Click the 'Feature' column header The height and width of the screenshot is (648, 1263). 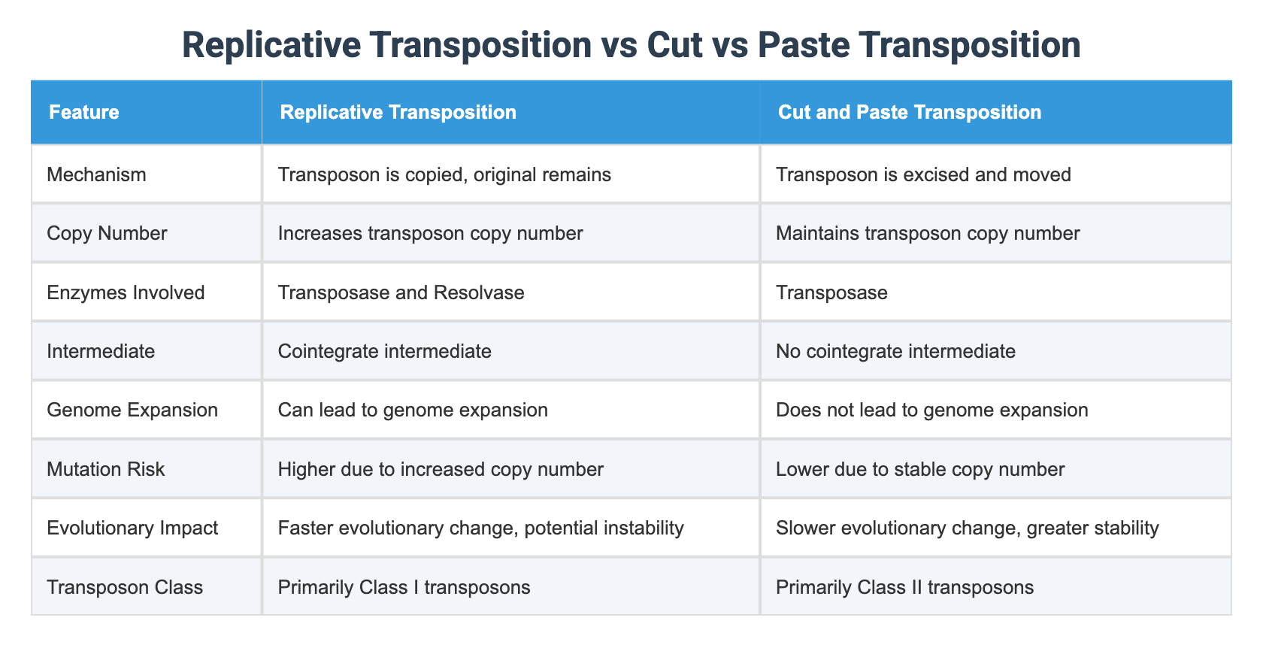84,113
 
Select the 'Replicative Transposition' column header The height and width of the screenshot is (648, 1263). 398,113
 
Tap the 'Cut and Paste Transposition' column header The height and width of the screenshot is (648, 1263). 910,113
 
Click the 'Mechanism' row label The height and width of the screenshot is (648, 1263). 96,174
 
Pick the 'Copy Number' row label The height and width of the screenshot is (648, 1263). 107,233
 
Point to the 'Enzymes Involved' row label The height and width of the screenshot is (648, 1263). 126,292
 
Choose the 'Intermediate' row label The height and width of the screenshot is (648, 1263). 101,351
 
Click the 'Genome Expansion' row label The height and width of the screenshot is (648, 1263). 132,410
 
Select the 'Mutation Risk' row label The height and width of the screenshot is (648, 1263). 105,469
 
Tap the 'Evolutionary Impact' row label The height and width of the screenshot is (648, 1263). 132,528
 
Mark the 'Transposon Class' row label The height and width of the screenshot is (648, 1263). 125,586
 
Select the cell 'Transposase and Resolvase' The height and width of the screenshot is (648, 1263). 401,292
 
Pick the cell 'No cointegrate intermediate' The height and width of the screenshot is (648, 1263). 895,351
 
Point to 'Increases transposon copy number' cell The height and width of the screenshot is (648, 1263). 430,233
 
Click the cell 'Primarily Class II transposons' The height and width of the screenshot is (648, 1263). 904,586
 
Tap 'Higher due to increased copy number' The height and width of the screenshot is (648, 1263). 441,469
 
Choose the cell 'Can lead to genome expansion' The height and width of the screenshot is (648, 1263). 413,410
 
